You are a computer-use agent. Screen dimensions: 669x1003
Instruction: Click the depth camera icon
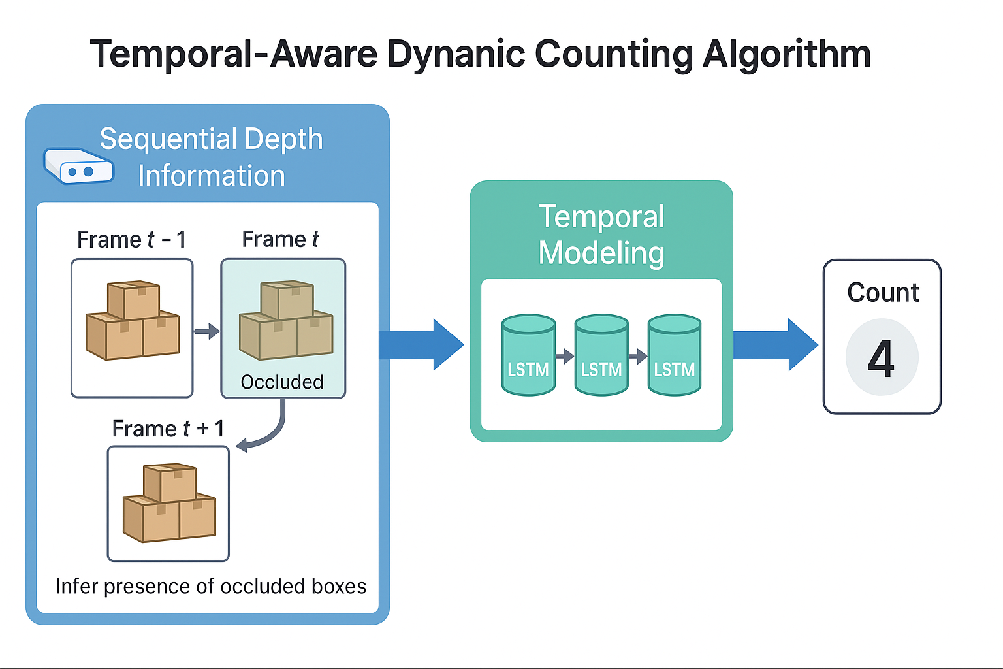click(x=78, y=166)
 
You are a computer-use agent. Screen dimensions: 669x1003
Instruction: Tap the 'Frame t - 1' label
click(x=131, y=240)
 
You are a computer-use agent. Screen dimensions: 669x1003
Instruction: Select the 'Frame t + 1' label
click(x=168, y=429)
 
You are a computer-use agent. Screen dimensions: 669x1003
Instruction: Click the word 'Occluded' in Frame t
click(x=282, y=382)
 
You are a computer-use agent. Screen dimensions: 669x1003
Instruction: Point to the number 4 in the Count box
click(x=881, y=358)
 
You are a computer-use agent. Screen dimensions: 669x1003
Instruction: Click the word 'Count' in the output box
click(x=883, y=293)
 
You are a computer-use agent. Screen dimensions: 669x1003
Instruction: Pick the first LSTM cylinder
click(x=528, y=355)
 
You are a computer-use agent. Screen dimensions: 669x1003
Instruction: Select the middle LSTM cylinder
click(x=601, y=355)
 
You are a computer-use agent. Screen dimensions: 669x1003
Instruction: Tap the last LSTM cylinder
click(x=675, y=355)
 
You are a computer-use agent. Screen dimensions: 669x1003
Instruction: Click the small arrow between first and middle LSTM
click(x=564, y=356)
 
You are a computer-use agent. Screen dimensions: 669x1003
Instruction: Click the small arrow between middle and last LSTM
click(x=637, y=356)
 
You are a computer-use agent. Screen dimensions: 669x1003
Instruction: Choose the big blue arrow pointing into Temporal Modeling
click(x=421, y=344)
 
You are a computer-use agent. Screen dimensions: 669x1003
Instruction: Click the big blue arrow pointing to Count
click(x=775, y=344)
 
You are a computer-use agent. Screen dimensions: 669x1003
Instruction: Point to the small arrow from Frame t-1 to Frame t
click(x=206, y=331)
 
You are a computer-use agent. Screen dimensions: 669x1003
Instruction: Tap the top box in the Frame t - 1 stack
click(x=134, y=299)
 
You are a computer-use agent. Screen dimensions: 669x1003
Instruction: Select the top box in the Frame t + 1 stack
click(x=170, y=482)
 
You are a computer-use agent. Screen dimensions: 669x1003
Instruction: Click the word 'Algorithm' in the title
click(x=787, y=54)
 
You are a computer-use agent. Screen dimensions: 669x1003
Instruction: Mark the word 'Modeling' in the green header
click(x=601, y=253)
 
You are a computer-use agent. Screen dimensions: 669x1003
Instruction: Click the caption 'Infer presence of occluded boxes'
click(x=211, y=587)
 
